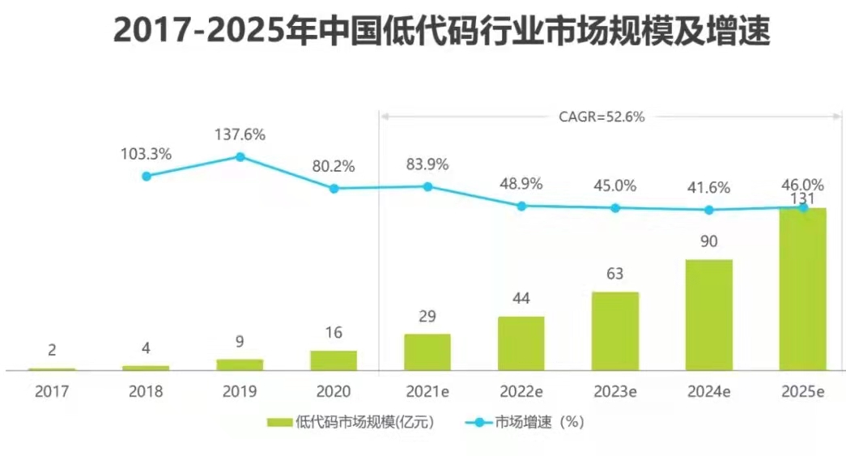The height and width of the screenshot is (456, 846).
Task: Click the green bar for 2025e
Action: [x=802, y=289]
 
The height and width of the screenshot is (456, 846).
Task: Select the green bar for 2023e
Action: [x=614, y=331]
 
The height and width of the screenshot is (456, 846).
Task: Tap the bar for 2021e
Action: [x=427, y=352]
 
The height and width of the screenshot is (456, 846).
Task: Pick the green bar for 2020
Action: [x=334, y=360]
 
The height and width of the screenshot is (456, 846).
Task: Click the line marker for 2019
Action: [x=240, y=157]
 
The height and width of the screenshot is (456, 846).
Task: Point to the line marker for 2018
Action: [x=146, y=176]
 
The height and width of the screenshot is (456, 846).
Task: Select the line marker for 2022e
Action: [x=521, y=206]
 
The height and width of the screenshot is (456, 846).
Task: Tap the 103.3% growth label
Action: [x=146, y=154]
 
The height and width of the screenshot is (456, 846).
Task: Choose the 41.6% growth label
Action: [x=708, y=188]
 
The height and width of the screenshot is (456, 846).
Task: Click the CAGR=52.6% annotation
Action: [x=602, y=117]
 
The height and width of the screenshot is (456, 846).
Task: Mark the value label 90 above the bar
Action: [x=708, y=241]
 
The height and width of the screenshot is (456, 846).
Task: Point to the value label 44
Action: [x=521, y=299]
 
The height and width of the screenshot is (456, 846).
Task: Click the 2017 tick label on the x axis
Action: [x=52, y=391]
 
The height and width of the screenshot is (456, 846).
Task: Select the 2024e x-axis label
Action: [x=708, y=391]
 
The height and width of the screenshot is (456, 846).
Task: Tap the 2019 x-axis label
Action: [x=240, y=391]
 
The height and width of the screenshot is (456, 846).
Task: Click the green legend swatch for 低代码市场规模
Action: [x=278, y=422]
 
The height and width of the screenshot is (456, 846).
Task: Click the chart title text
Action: [x=441, y=32]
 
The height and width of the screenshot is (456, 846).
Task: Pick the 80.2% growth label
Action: [x=334, y=166]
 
